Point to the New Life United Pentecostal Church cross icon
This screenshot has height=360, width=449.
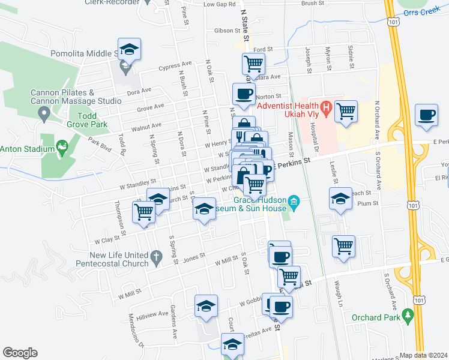[156, 258]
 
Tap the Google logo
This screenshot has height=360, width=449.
[20, 353]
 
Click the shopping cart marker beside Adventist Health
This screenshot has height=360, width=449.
[346, 111]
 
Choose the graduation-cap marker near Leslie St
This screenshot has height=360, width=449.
[340, 199]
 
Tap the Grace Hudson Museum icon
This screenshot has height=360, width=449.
[294, 200]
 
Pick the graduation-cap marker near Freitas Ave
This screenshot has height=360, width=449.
[233, 345]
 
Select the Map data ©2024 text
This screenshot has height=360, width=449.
[424, 355]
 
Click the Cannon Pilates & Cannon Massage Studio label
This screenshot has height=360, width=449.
[76, 97]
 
